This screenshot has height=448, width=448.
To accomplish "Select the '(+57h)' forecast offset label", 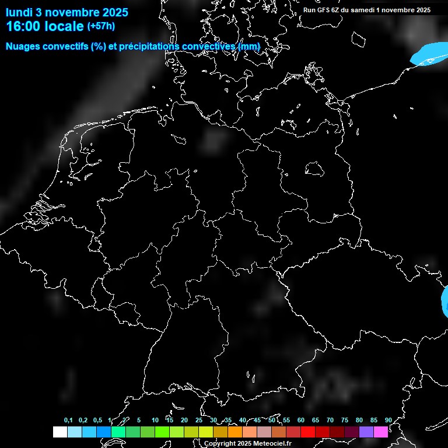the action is [100, 26].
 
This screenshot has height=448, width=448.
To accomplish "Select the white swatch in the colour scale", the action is [60, 432].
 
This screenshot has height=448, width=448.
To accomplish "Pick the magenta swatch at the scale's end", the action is [381, 432].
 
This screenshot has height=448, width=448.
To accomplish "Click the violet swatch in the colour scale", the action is [366, 432].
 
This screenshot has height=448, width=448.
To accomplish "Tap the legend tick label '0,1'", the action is [68, 421].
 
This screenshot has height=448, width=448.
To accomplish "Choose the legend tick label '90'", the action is [388, 421].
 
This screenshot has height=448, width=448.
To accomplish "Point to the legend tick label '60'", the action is [300, 421].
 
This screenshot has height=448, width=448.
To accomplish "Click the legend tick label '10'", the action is [155, 421].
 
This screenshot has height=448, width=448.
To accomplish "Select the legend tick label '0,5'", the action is [97, 421].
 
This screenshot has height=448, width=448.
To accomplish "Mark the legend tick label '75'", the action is [344, 421].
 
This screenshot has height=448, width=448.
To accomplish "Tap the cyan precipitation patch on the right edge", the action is [444, 300].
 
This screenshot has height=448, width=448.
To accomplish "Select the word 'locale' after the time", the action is [64, 26].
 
